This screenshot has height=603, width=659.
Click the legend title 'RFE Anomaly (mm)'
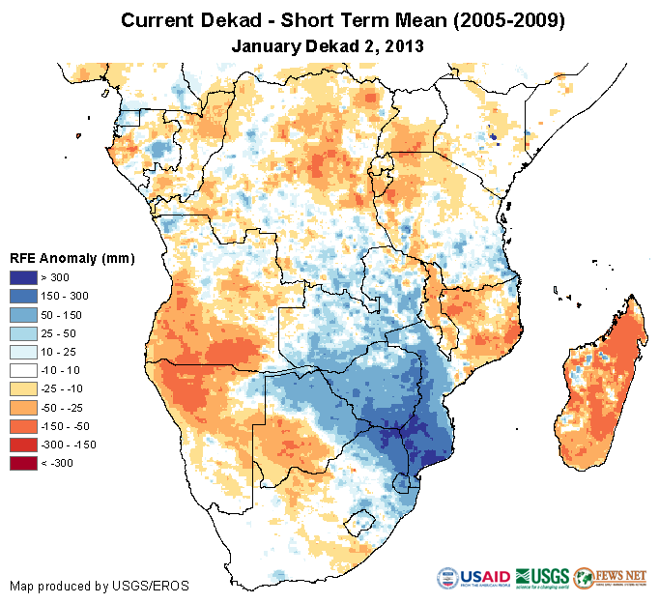[x=72, y=259]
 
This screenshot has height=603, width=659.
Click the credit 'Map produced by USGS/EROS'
[x=99, y=586]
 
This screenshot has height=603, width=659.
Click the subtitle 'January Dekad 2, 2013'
[x=329, y=45]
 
